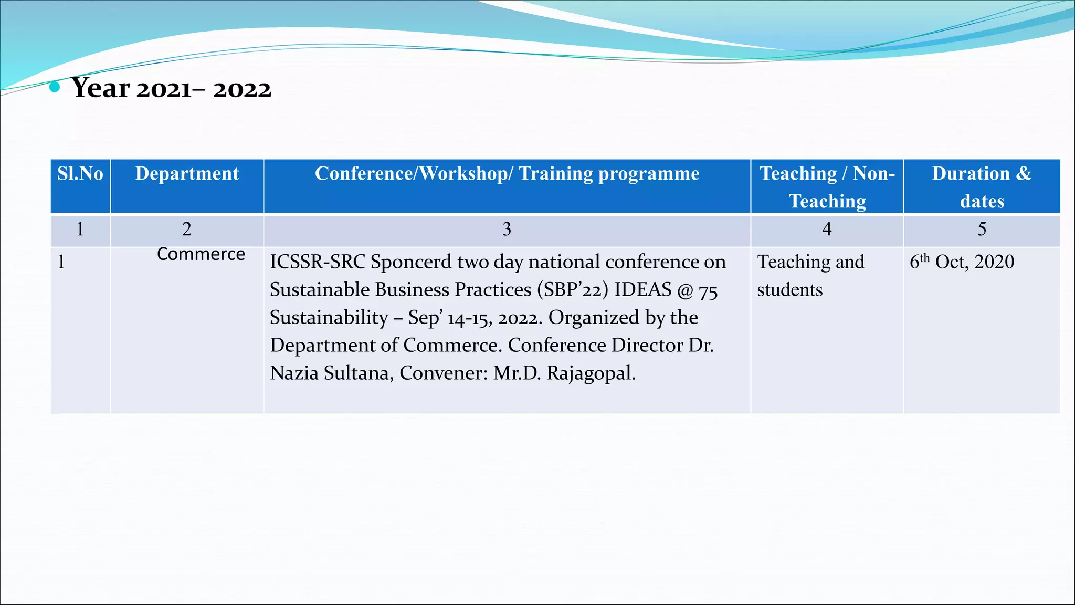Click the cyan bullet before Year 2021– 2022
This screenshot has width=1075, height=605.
click(54, 87)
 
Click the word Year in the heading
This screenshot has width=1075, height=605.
click(101, 88)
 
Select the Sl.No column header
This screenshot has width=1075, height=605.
click(80, 174)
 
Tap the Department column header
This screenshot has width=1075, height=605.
click(187, 174)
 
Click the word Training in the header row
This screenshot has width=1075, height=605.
click(556, 174)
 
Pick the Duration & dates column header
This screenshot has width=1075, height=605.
click(982, 187)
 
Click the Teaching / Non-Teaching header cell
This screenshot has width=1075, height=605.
click(827, 187)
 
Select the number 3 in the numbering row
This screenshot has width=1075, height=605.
click(507, 230)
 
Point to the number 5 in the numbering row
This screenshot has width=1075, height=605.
click(982, 230)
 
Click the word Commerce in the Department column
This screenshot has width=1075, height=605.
click(201, 254)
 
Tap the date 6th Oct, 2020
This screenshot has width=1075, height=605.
click(962, 262)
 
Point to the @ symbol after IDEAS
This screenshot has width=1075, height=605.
click(685, 290)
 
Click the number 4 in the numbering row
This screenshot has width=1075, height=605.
click(827, 230)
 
